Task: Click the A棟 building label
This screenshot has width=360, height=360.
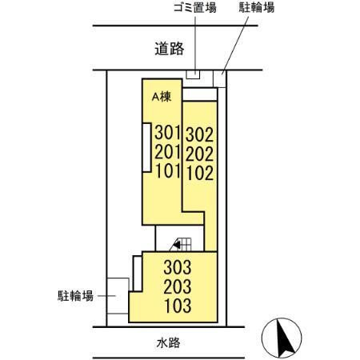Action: tap(162, 96)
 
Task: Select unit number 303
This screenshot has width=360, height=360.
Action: tap(178, 267)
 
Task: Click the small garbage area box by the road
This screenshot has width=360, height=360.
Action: tap(193, 75)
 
